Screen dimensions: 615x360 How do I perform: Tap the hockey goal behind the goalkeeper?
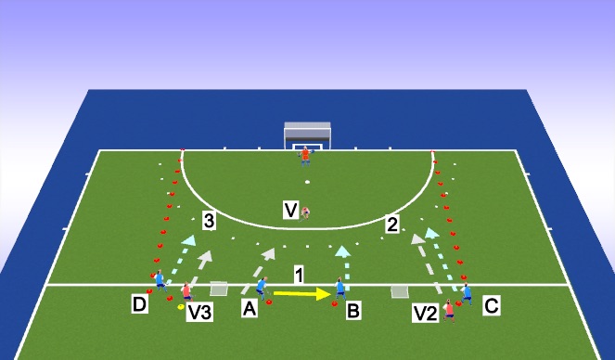(x=307, y=135)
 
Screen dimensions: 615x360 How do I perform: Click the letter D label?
(x=139, y=303)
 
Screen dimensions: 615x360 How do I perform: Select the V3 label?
(x=199, y=315)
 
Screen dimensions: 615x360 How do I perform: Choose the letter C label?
(x=492, y=303)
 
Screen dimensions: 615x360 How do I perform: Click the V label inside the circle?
(x=290, y=212)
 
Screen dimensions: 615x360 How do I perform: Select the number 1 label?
(x=299, y=275)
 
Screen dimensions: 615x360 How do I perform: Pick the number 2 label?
(x=392, y=224)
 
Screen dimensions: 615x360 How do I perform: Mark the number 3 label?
(x=210, y=221)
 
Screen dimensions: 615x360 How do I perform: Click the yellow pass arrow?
(x=302, y=295)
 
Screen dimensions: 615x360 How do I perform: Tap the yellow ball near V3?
(x=181, y=305)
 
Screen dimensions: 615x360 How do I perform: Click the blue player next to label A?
(x=262, y=286)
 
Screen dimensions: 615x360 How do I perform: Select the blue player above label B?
(x=340, y=289)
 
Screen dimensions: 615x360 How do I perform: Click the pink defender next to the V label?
(x=305, y=212)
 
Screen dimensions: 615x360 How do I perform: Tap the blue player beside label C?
(x=467, y=292)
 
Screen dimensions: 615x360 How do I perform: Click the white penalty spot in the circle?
(x=307, y=182)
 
